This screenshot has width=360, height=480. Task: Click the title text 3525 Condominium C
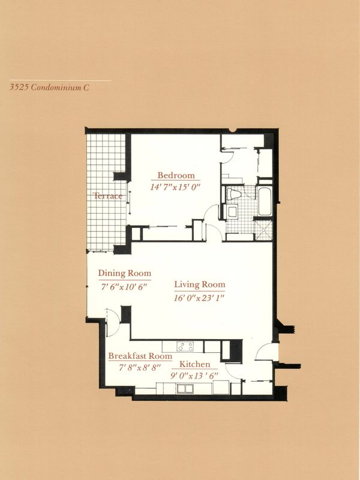point(49,88)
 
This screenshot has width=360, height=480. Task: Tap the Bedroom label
point(176,175)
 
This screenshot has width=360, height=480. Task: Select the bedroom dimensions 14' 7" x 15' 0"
point(175,187)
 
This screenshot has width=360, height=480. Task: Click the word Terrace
point(108,196)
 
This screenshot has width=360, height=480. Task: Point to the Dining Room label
point(125,273)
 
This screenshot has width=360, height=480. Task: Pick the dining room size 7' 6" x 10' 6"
point(124,287)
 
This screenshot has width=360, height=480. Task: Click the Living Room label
point(200,284)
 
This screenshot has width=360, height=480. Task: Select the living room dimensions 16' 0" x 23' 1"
point(199,298)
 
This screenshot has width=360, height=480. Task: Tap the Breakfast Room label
point(140,356)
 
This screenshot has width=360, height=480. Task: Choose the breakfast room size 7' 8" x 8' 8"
point(140,367)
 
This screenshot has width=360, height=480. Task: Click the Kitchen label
point(194,364)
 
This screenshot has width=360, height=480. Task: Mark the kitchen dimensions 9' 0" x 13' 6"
point(194,376)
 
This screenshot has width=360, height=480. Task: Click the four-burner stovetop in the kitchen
point(185,346)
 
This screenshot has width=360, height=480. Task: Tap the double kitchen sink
point(185,388)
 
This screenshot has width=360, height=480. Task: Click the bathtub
point(265,201)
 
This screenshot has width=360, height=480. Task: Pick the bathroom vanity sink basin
point(232,211)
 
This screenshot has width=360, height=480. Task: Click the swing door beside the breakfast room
point(112,323)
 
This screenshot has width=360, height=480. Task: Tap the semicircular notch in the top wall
point(233,131)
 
